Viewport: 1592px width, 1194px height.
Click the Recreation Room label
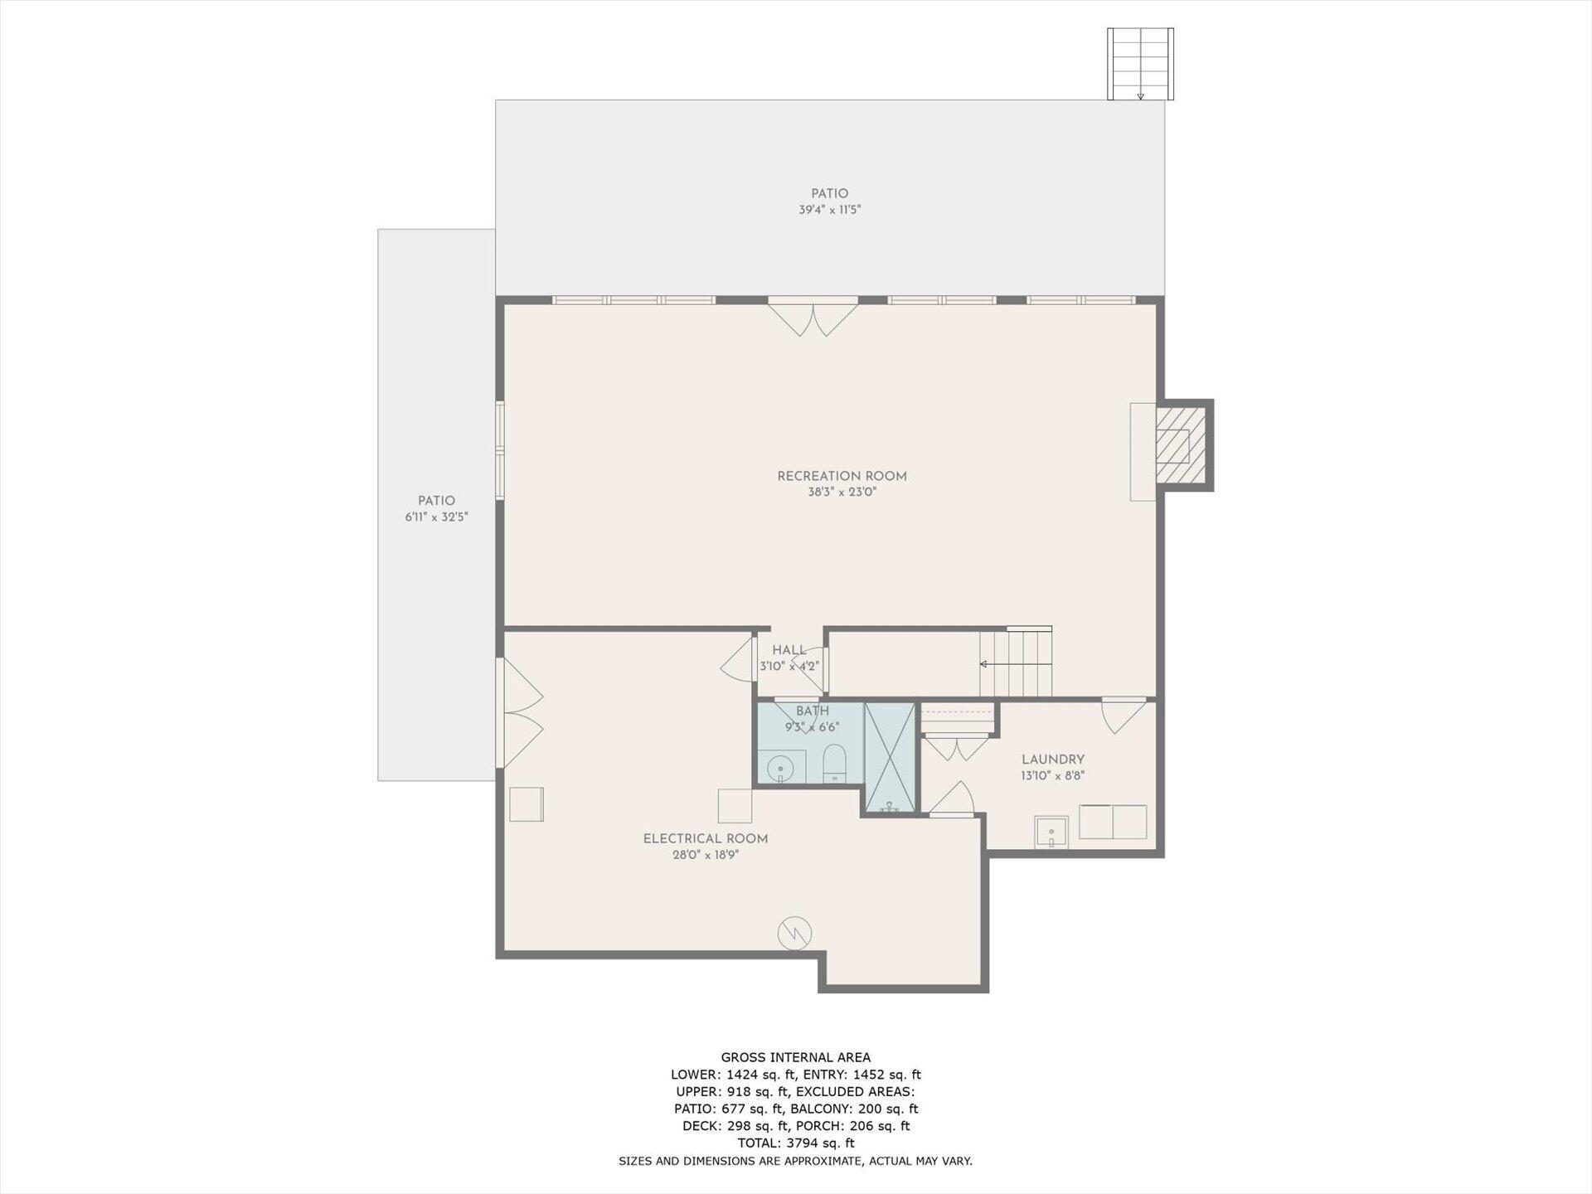842,476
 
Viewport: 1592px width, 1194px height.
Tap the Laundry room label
1053,760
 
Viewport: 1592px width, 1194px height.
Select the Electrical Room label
706,839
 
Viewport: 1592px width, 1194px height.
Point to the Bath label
813,711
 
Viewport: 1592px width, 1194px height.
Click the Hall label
789,650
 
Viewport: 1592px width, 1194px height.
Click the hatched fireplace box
1182,444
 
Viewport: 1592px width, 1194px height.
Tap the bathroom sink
781,767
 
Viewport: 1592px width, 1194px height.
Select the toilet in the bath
834,763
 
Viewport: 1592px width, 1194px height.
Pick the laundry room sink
1051,832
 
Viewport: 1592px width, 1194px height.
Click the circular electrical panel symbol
794,933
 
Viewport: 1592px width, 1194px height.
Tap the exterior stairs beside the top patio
1140,64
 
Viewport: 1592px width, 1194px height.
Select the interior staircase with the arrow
1016,663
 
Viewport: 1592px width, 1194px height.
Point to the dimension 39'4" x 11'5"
830,211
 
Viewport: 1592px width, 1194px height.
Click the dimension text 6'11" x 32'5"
436,517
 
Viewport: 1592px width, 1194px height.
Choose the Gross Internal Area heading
796,1057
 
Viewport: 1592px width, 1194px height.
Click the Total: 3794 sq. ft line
796,1143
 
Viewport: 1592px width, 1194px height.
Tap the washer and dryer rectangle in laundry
1113,822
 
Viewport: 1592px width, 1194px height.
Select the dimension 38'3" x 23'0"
842,493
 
